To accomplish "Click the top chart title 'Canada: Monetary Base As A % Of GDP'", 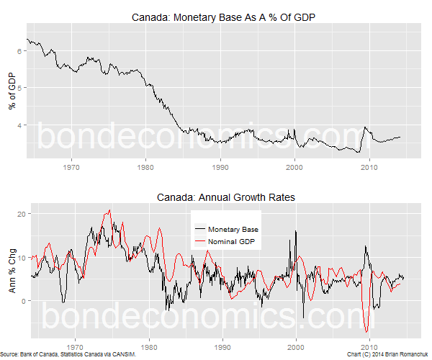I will point(225,17).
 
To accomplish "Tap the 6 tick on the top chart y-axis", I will point(21,51).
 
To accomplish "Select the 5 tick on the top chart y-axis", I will point(21,88).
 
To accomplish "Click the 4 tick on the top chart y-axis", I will point(21,125).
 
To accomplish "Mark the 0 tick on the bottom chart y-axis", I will point(21,300).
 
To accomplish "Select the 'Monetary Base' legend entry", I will point(232,228).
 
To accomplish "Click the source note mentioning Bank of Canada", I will point(68,355).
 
